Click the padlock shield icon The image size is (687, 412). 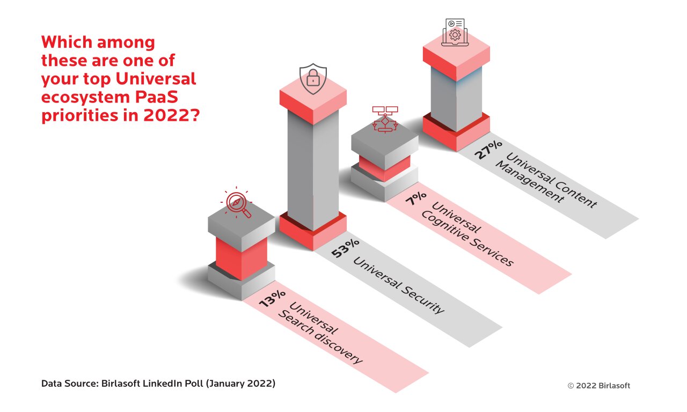click(313, 79)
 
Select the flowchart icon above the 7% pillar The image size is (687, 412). click(384, 119)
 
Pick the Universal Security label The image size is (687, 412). click(399, 284)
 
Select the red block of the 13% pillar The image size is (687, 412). click(241, 257)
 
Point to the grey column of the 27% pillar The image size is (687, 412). click(456, 97)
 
